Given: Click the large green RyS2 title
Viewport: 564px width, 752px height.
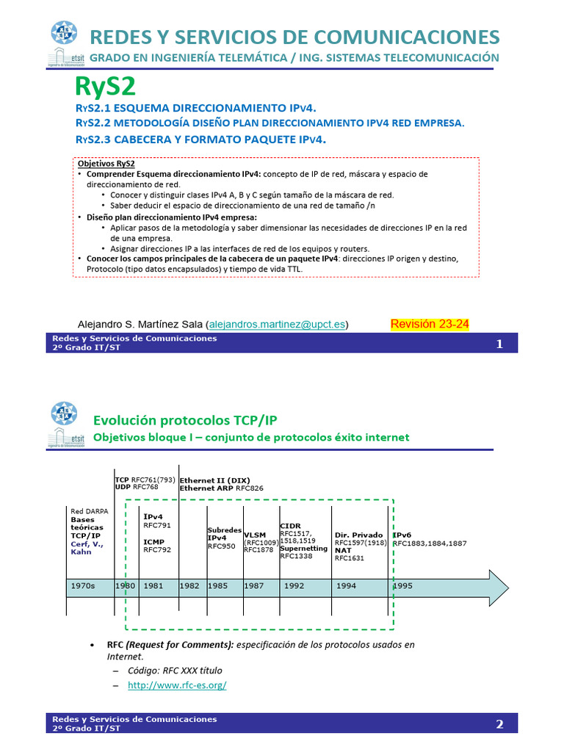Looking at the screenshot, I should (106, 87).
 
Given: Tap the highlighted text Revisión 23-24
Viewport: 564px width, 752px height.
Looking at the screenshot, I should (430, 324).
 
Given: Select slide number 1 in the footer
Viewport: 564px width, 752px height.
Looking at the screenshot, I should (499, 344).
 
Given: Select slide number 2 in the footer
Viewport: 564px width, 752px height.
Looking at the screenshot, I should (499, 724).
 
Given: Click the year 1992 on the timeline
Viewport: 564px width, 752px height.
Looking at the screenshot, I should (294, 586).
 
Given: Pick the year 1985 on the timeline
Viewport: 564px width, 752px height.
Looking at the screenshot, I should (217, 586).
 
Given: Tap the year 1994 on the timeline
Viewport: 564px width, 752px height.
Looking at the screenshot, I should (347, 586).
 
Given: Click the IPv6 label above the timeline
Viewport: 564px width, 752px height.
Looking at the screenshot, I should (402, 535).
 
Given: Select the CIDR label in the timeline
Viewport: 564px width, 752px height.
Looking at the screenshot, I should (290, 526).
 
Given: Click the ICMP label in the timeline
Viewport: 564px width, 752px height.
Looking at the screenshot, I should (154, 540).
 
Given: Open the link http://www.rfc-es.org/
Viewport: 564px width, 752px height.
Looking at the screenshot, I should (177, 684).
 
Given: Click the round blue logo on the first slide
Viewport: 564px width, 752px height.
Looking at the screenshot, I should (64, 33).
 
